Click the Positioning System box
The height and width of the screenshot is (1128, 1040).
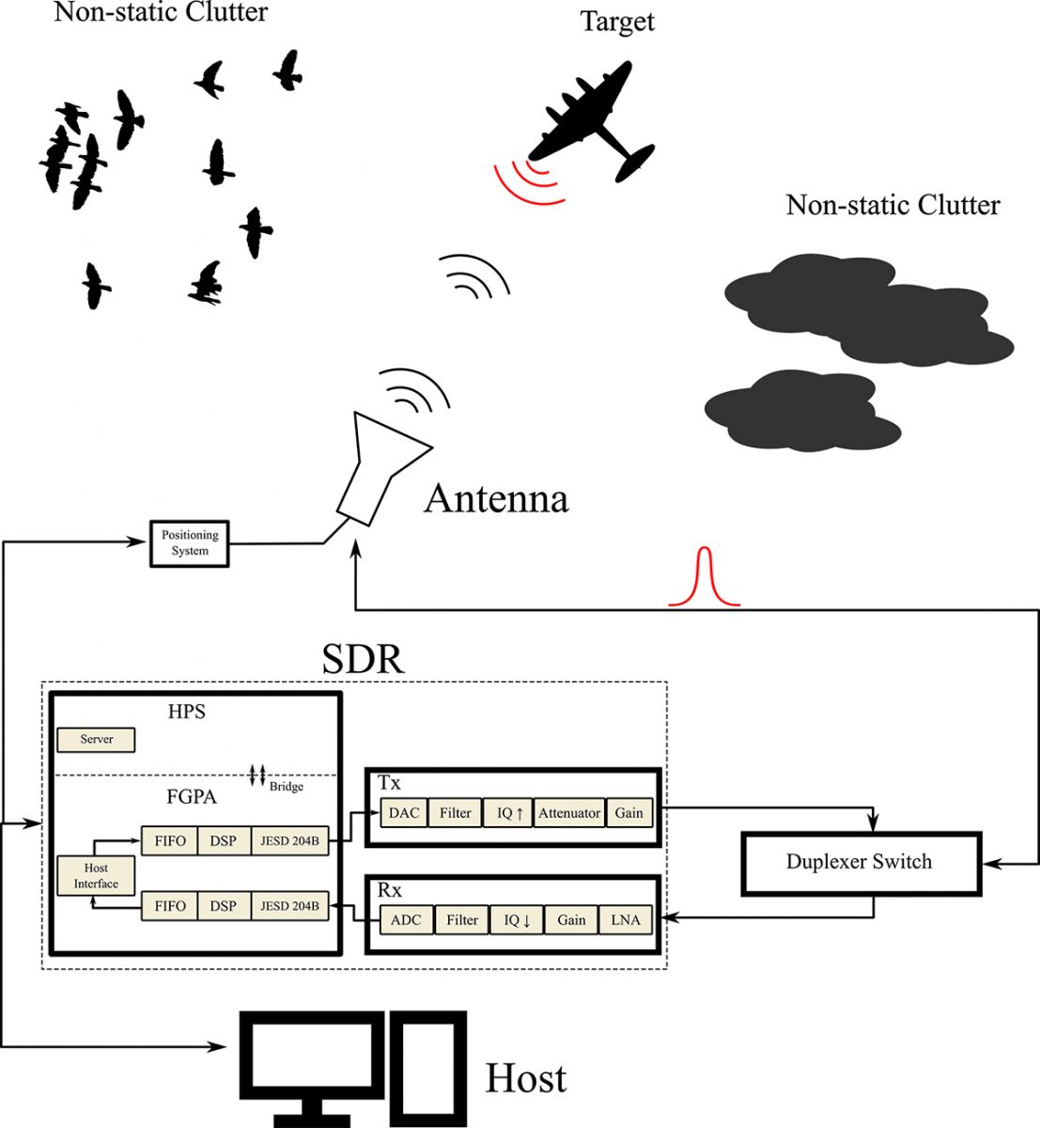190,543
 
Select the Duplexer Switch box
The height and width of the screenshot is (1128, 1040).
860,862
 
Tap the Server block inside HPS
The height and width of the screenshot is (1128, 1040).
96,740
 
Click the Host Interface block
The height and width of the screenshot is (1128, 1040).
96,875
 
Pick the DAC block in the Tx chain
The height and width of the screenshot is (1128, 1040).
404,813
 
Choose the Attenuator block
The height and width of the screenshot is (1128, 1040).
569,813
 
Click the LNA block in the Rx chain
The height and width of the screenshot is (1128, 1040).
626,919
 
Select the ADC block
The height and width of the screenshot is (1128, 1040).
406,919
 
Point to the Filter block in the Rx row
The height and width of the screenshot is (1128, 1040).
461,919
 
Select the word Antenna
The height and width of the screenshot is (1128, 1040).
496,499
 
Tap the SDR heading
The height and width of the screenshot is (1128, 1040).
364,659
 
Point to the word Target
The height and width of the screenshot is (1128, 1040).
617,22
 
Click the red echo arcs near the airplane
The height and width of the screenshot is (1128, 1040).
527,181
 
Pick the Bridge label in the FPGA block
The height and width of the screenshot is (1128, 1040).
287,787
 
